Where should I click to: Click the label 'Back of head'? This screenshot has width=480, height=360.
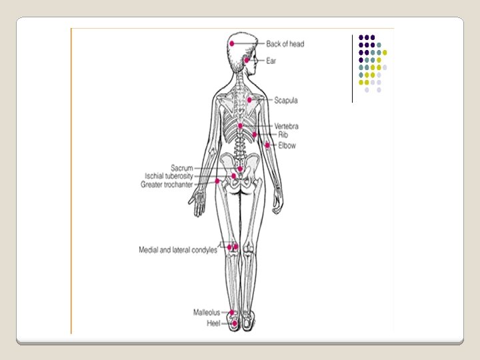click(285, 44)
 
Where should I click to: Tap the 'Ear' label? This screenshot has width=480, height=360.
click(271, 61)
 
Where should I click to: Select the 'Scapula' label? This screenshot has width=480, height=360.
click(285, 101)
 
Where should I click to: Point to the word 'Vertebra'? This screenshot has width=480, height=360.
click(286, 127)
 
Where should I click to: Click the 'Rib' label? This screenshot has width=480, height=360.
click(283, 135)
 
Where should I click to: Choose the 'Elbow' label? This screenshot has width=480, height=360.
click(287, 145)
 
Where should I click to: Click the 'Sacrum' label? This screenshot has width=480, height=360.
click(181, 168)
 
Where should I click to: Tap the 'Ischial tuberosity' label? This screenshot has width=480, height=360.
click(169, 176)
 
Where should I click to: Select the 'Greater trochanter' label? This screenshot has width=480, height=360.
click(167, 185)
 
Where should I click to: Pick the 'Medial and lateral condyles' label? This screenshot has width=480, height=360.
click(177, 250)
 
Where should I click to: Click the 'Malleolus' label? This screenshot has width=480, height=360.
click(207, 312)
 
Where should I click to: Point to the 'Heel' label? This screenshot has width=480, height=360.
click(213, 323)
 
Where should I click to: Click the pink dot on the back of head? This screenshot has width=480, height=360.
click(231, 43)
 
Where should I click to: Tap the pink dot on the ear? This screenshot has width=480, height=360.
click(246, 60)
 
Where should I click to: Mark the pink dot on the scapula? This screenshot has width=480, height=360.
click(249, 100)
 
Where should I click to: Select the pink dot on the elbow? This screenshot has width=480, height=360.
click(267, 144)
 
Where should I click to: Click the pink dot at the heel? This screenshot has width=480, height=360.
click(235, 323)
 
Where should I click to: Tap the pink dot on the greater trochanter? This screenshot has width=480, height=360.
click(217, 181)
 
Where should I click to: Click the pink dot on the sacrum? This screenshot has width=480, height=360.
click(239, 169)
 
